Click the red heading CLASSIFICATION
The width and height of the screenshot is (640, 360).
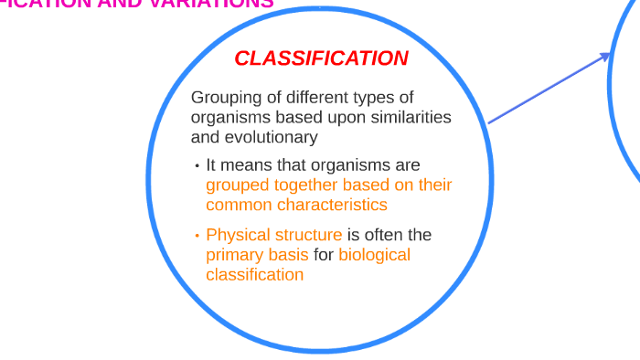click(x=321, y=58)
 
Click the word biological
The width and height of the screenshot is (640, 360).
click(x=374, y=255)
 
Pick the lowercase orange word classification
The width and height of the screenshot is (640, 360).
click(x=254, y=274)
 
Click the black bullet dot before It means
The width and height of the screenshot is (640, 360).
click(x=197, y=166)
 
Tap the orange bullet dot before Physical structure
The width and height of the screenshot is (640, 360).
click(x=197, y=236)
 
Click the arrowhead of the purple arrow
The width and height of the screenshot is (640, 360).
click(x=605, y=57)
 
